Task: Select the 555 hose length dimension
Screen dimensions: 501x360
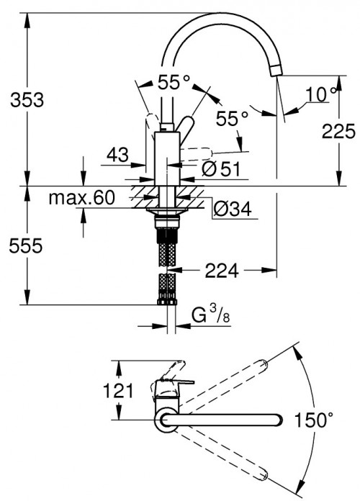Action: pyautogui.click(x=22, y=245)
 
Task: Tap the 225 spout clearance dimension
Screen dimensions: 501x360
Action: pyautogui.click(x=338, y=131)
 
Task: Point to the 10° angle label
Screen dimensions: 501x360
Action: pyautogui.click(x=322, y=94)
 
